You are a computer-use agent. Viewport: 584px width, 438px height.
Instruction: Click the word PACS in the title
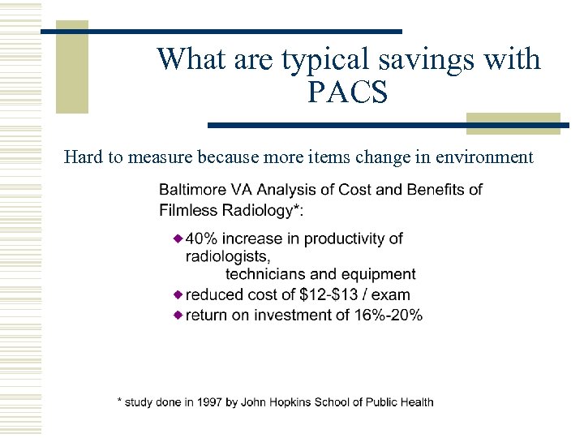348,92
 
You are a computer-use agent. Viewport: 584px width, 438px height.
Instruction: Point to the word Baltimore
194,190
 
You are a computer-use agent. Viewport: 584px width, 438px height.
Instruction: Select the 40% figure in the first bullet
201,238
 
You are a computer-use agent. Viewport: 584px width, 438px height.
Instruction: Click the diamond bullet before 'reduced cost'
178,294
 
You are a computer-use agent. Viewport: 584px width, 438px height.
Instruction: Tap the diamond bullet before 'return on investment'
178,314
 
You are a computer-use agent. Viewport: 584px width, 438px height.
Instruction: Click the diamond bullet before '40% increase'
178,238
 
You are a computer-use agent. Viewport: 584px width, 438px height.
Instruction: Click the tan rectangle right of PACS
513,122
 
